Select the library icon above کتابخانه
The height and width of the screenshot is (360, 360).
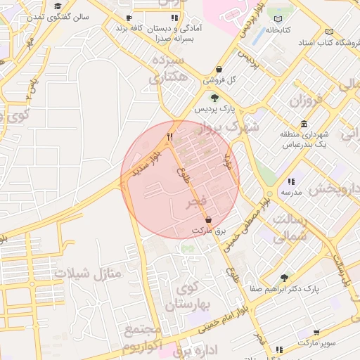[x=281, y=19]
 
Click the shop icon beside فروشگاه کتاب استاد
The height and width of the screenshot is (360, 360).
[x=330, y=32]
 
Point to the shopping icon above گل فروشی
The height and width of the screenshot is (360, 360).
[x=221, y=70]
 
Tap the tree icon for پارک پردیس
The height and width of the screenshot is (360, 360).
[x=214, y=98]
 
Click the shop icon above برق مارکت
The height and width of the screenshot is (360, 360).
[x=208, y=220]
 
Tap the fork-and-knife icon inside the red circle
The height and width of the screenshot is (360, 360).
[x=169, y=136]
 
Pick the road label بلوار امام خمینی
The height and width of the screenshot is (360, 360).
[x=217, y=318]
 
